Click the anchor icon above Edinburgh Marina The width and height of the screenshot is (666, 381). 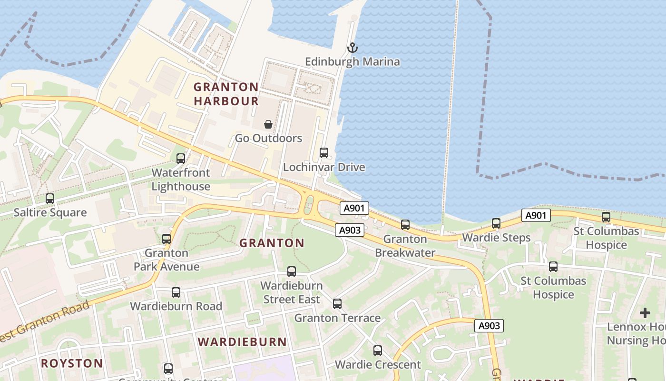(x=352, y=48)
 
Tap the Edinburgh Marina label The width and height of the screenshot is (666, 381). (x=352, y=62)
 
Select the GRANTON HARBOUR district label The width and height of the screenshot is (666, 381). (x=226, y=94)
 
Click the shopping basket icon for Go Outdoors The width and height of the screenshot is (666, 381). (x=268, y=124)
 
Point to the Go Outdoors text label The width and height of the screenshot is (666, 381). (x=268, y=139)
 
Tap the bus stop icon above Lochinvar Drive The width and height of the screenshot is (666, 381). (x=324, y=153)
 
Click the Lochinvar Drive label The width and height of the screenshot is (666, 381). (x=324, y=167)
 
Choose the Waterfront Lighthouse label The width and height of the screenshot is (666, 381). (x=181, y=180)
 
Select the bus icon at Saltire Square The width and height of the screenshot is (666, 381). (x=50, y=199)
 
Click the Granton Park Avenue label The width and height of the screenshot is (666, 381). (x=166, y=260)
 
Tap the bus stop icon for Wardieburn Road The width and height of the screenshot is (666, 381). (x=176, y=292)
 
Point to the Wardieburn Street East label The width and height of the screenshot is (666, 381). (x=292, y=292)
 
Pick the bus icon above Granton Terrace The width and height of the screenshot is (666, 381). (x=337, y=303)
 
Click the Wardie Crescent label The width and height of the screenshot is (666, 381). (x=378, y=365)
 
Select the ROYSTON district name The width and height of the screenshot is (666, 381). (x=72, y=363)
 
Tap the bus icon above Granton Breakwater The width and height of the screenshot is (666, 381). (x=405, y=225)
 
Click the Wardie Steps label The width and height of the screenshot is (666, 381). (x=496, y=237)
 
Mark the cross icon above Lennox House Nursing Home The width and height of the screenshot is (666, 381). (x=645, y=313)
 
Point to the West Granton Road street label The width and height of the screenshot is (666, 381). (x=45, y=321)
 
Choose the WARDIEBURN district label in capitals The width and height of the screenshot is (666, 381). (x=242, y=342)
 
